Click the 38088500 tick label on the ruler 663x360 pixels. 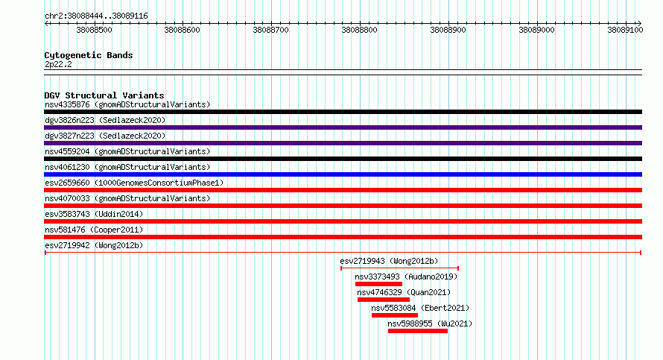94,30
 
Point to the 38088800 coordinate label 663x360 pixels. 359,30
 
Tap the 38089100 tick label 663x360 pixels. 625,30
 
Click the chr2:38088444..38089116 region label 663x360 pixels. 96,16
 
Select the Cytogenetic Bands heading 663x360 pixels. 89,55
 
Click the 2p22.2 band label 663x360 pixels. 58,64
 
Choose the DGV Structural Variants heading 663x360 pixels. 104,95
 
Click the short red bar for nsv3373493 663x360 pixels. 378,284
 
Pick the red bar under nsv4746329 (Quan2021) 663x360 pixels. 384,300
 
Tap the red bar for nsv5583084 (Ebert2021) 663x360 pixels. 395,315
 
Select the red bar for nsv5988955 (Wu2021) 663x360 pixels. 418,331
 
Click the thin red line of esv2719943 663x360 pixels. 399,268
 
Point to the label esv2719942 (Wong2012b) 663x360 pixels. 94,245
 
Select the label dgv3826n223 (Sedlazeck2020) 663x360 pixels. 105,120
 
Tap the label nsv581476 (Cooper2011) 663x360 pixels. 94,230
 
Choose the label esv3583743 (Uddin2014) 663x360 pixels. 94,214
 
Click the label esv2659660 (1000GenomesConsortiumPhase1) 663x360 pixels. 134,183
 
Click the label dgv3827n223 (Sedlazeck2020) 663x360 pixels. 105,136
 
